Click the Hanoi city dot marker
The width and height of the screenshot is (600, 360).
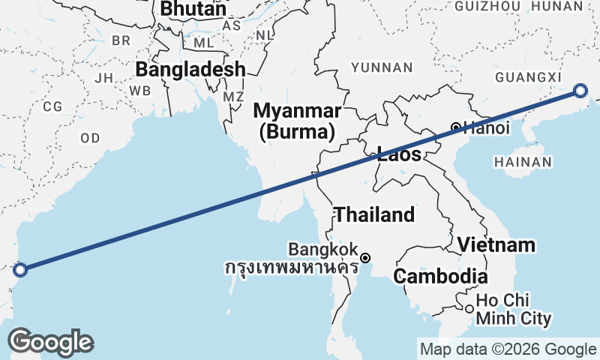(455, 126)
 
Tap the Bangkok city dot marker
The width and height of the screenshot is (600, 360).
(365, 258)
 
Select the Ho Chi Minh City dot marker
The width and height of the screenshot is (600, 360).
(469, 308)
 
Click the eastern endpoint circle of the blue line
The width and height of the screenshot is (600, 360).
(580, 91)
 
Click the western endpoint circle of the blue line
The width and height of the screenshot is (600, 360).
(20, 269)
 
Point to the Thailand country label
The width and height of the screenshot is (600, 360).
(374, 214)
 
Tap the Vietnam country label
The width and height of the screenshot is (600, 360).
(496, 244)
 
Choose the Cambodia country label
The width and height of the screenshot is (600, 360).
(440, 276)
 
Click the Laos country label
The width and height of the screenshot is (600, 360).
(399, 155)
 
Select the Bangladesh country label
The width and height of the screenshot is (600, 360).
(190, 70)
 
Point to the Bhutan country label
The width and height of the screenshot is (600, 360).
(193, 9)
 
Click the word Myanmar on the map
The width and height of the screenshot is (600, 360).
(298, 111)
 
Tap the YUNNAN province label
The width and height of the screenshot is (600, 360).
(382, 67)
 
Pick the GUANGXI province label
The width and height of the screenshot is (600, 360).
(528, 77)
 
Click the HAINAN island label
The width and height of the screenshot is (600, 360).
(523, 161)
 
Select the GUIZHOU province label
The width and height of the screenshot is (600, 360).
(487, 7)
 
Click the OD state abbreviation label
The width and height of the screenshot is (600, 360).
(90, 138)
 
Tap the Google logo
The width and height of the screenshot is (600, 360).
(50, 341)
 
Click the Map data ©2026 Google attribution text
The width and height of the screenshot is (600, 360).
(508, 349)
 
